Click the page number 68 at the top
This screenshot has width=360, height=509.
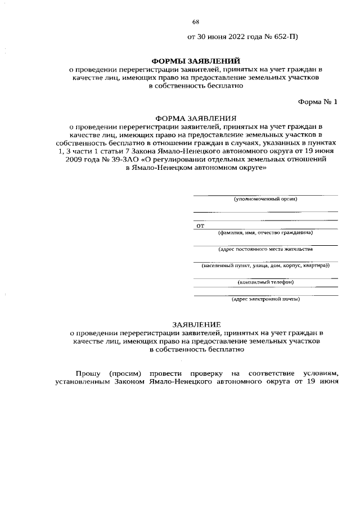click(x=196, y=22)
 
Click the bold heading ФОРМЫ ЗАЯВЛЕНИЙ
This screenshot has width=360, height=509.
click(x=196, y=60)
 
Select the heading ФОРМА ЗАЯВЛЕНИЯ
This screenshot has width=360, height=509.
click(x=196, y=119)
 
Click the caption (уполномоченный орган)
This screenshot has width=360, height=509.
click(x=265, y=199)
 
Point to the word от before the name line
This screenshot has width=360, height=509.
click(x=199, y=226)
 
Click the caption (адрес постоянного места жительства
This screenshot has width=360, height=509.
click(x=265, y=248)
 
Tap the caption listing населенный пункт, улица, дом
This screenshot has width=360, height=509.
click(x=265, y=265)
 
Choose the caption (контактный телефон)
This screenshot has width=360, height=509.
click(x=265, y=282)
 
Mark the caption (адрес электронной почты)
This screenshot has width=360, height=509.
click(x=265, y=299)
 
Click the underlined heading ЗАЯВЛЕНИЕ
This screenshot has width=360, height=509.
click(x=196, y=325)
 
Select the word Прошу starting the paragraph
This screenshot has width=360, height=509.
click(x=88, y=373)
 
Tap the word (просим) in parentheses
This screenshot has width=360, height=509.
click(x=122, y=373)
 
